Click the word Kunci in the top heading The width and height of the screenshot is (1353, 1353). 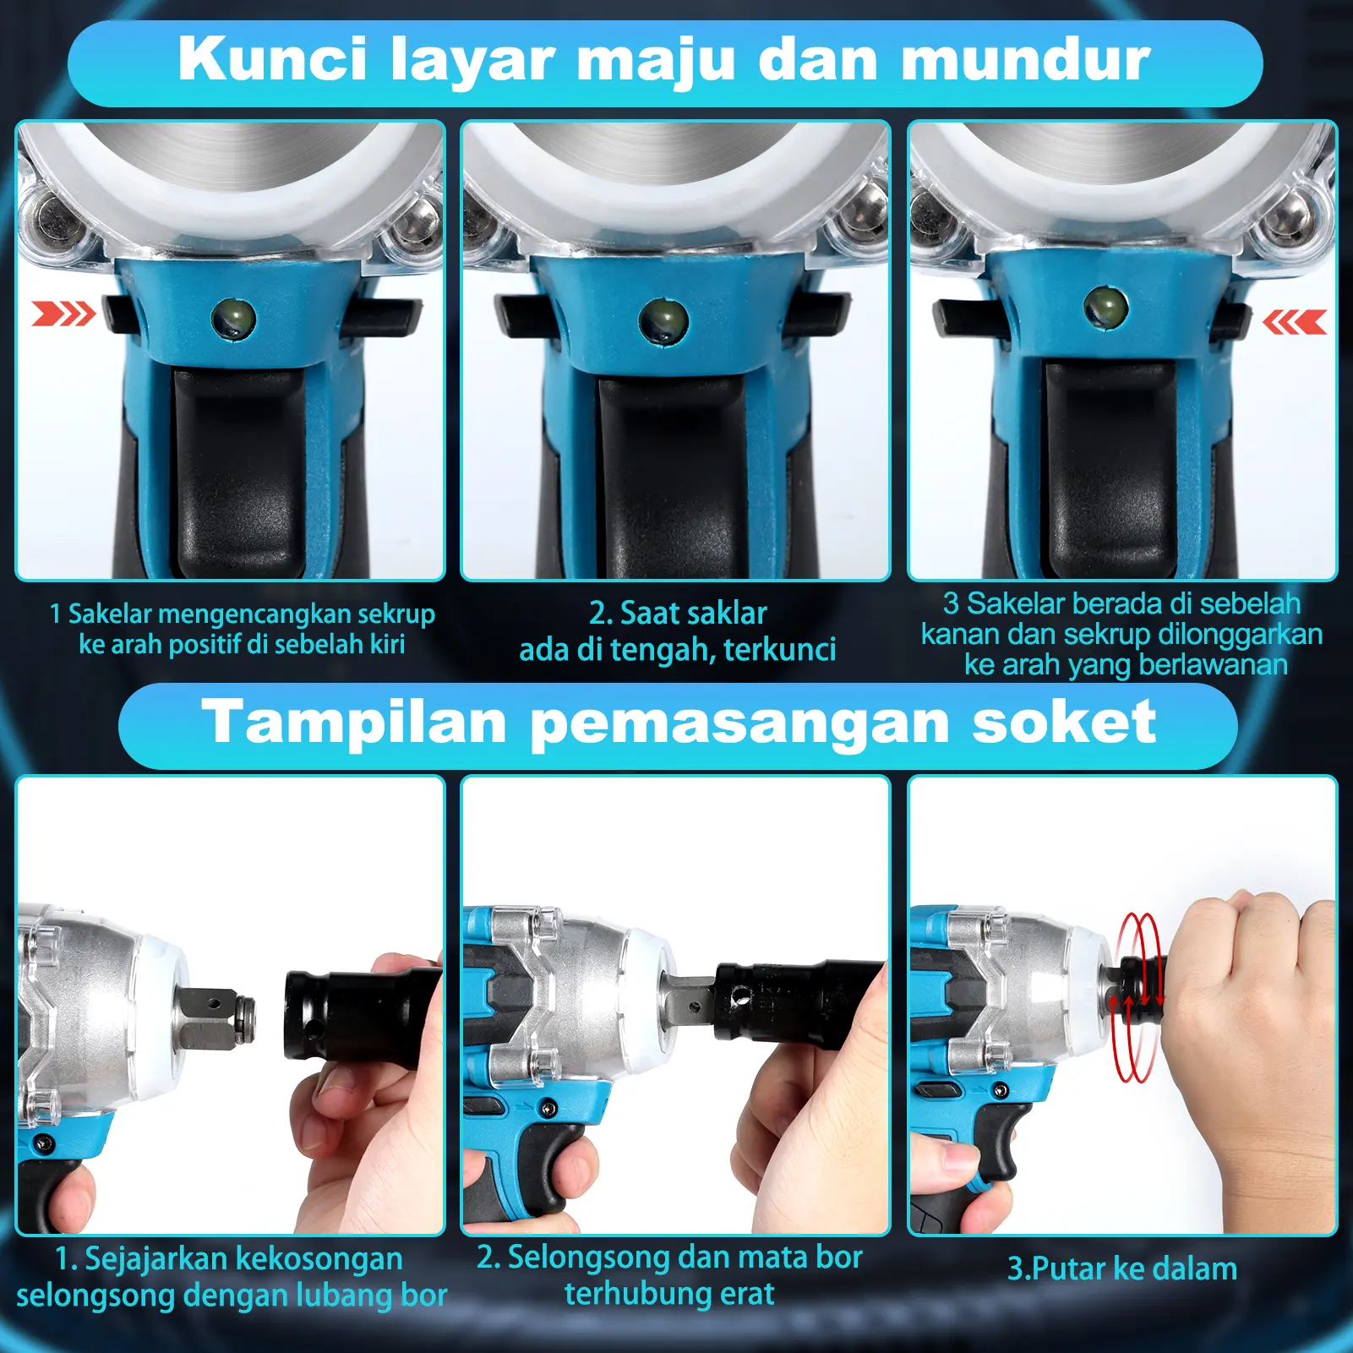pyautogui.click(x=273, y=60)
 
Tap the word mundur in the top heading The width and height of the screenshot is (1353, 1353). pyautogui.click(x=1026, y=60)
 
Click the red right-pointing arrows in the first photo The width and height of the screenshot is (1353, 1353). pyautogui.click(x=63, y=314)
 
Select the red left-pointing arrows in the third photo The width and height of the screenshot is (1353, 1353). pyautogui.click(x=1294, y=322)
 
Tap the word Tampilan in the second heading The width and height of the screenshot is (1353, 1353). pyautogui.click(x=354, y=723)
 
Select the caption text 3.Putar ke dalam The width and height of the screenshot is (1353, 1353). pyautogui.click(x=1122, y=1268)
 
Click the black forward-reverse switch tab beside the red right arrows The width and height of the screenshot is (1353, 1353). pyautogui.click(x=121, y=314)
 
